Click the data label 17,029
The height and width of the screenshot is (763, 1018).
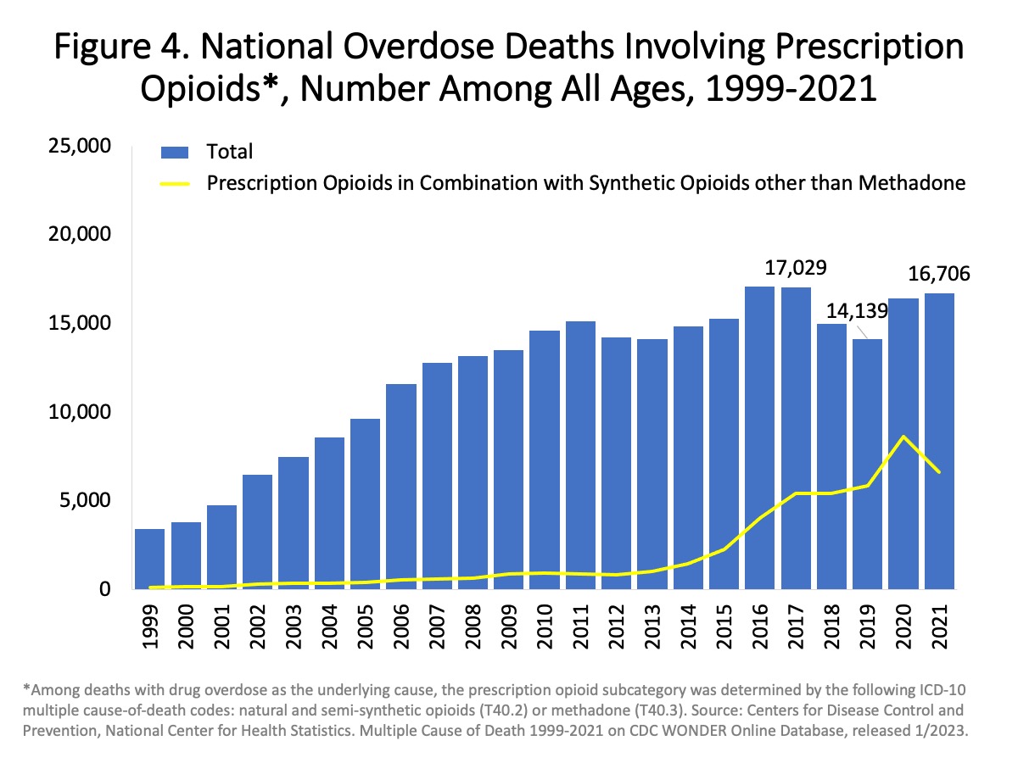790,270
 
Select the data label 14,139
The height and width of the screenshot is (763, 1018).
857,310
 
